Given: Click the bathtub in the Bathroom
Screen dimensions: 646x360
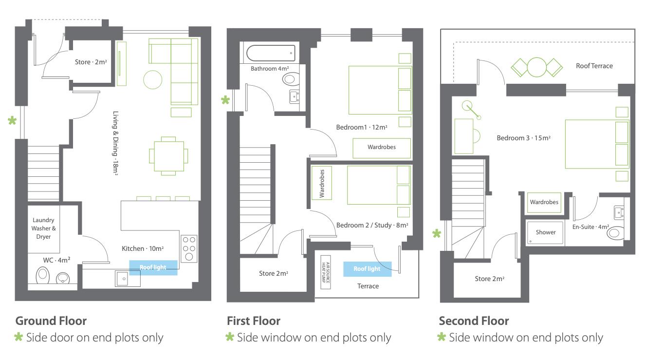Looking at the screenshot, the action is pos(271,53).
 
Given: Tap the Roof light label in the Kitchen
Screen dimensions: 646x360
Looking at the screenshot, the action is pos(153,267).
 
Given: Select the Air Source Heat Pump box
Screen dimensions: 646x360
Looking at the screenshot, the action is pos(326,272).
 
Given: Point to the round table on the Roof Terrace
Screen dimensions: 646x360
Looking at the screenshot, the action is pos(536,67).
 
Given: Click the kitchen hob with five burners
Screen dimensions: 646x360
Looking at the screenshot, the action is pos(189,248).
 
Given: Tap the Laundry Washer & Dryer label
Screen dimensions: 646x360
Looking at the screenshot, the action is pos(43,228).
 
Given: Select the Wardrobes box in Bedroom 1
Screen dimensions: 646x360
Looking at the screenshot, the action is pos(382,148).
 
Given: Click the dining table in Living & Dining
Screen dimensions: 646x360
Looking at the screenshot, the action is pos(169,156).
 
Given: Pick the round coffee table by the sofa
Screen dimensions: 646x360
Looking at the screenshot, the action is pos(152,80).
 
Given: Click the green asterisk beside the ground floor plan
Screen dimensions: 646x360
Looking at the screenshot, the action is pos(12,120).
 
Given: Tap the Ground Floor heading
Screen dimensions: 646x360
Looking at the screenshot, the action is pos(51,321).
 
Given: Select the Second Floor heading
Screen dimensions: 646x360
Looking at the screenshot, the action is pos(474,321).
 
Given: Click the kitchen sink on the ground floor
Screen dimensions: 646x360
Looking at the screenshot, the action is pos(128,278).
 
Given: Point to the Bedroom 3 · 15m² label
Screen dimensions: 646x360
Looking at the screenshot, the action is pos(523,138).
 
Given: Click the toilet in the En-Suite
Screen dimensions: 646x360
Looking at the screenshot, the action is pos(616,233).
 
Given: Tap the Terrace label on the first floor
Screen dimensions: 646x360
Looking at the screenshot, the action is pos(368,286).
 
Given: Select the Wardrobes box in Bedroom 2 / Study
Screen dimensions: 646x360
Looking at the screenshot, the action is pos(322,183).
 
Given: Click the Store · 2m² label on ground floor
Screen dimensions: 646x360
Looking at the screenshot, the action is pos(91,62).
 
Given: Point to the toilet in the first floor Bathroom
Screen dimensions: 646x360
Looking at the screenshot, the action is pos(291,79).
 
